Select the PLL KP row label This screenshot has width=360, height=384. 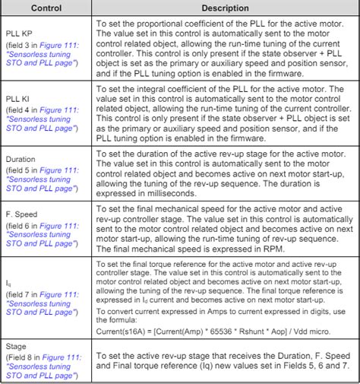19,34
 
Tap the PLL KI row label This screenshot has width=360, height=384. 18,99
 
